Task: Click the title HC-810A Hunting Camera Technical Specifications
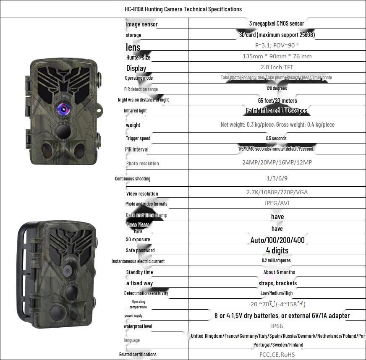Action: [x=183, y=9]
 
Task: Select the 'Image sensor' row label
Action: [x=141, y=24]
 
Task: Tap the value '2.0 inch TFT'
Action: [x=277, y=67]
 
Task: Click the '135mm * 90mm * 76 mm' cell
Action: [x=277, y=56]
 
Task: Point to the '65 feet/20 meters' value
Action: [x=277, y=101]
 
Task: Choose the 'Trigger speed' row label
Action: [x=138, y=138]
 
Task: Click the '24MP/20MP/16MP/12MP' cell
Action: [x=277, y=162]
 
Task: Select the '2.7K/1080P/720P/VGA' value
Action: [x=277, y=192]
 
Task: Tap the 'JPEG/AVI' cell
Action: [x=277, y=203]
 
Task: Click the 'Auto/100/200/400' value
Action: [x=277, y=240]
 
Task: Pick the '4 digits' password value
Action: [x=277, y=250]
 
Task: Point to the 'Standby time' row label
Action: [x=139, y=272]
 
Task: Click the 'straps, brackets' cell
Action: [x=277, y=283]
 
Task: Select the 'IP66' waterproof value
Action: [x=277, y=326]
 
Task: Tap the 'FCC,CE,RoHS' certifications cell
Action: [x=277, y=355]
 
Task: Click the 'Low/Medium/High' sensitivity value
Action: [x=277, y=293]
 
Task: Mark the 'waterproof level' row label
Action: [x=138, y=326]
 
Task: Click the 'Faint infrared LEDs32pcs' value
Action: [x=277, y=111]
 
